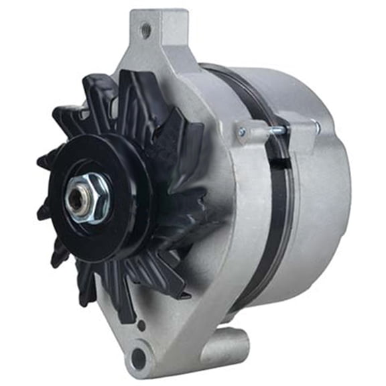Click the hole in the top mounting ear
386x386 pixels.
pyautogui.click(x=145, y=29)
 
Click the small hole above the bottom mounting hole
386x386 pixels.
pyautogui.click(x=142, y=326)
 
